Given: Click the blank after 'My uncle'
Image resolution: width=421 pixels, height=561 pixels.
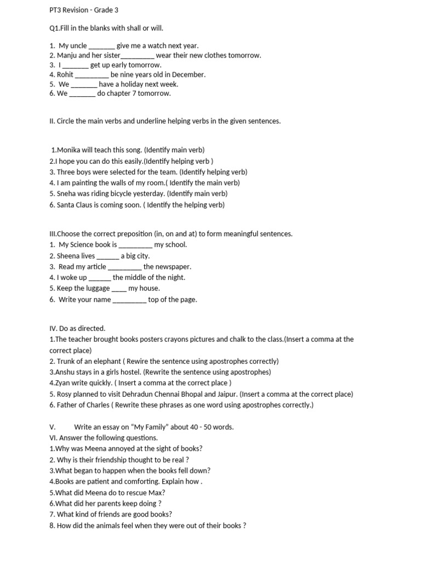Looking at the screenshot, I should point(101,46).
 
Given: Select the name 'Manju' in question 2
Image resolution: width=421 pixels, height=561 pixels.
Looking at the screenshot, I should point(68,55).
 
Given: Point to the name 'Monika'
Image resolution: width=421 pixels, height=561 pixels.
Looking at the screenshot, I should point(69,150).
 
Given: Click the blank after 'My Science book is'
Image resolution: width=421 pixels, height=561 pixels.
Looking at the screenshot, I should point(135,245).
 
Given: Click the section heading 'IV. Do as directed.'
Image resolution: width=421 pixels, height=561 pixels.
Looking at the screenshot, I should point(77,329).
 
